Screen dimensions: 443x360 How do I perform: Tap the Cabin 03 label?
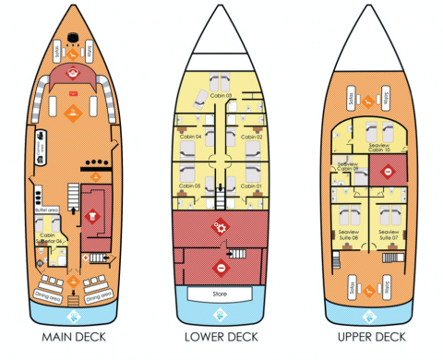220,95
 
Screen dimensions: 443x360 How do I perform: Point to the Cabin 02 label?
252,137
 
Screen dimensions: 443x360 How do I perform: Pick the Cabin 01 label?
252,186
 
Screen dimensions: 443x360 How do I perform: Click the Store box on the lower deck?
220,295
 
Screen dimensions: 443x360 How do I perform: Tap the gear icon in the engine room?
220,225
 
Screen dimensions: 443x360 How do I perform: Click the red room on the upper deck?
389,172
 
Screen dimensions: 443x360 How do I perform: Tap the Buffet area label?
48,210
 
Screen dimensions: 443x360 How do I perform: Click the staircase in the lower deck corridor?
221,196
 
